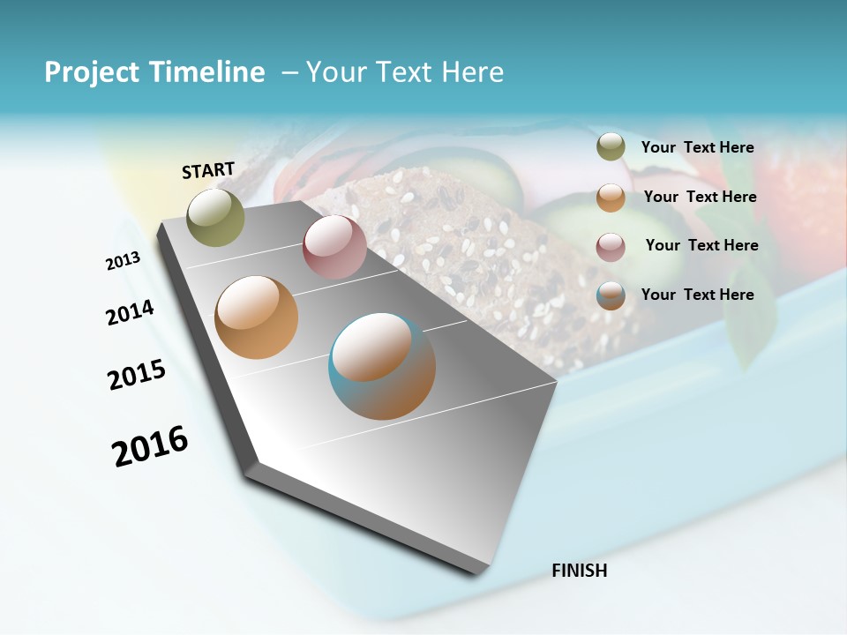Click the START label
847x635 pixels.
tap(208, 170)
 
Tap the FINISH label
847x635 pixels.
tap(580, 571)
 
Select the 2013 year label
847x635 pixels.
tap(123, 261)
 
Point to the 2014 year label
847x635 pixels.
tap(130, 313)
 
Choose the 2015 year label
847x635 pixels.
tap(137, 375)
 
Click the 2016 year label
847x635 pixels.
tap(150, 446)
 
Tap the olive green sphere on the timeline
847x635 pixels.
tap(216, 217)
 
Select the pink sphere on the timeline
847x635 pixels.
tap(334, 247)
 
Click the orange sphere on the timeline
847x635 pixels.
tap(256, 317)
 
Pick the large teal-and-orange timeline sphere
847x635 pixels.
tap(382, 366)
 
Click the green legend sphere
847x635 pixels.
tap(611, 147)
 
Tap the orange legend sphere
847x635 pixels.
tap(611, 198)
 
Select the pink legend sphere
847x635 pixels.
tap(611, 247)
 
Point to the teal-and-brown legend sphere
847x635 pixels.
tap(611, 295)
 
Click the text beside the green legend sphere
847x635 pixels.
tap(697, 148)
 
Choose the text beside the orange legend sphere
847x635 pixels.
tap(700, 197)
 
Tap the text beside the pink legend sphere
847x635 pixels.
tap(701, 245)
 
